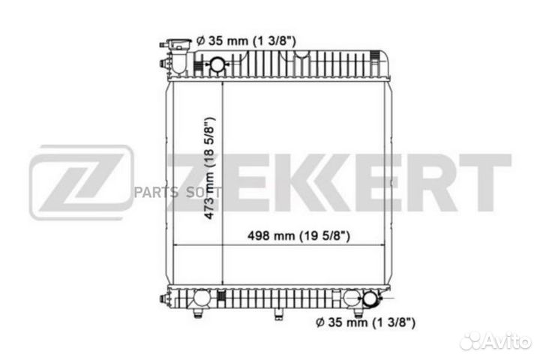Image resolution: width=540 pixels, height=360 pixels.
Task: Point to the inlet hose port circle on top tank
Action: pos(217,66)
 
